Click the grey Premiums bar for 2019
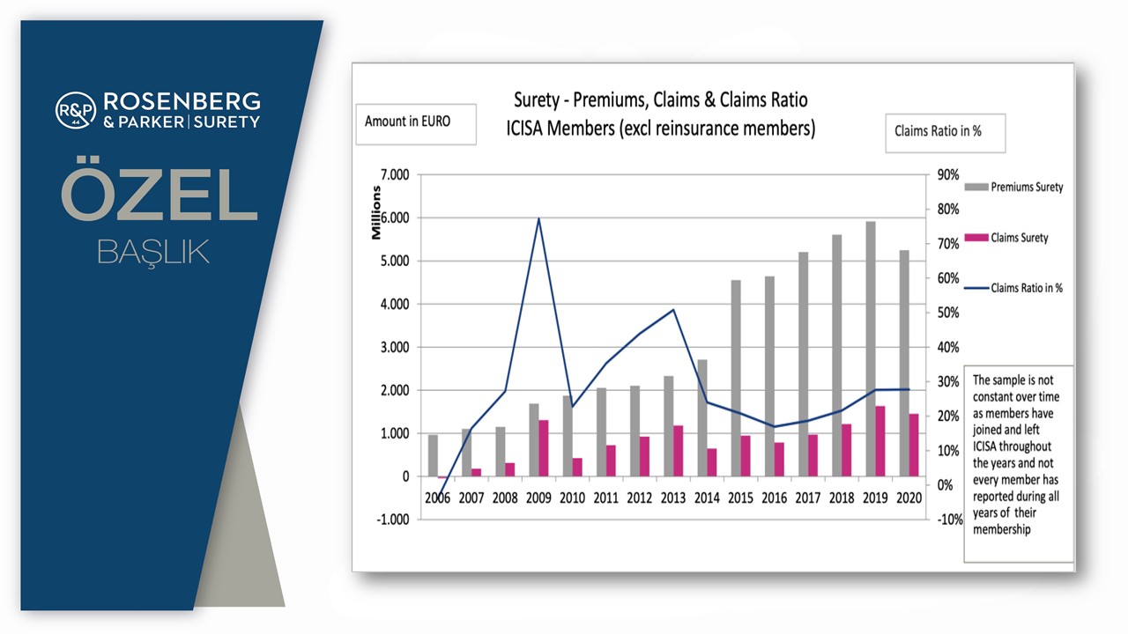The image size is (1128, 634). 871,349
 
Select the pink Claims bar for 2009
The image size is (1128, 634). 544,448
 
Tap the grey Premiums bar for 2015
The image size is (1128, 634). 736,378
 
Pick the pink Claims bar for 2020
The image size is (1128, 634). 914,445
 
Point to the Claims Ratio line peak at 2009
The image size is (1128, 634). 538,218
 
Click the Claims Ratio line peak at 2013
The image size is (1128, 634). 674,309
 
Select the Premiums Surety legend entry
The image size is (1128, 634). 1013,188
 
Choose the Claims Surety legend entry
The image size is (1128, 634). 1006,238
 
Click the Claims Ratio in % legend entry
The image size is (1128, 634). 1013,288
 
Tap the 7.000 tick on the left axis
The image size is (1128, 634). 395,174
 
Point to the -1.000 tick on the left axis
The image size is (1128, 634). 393,520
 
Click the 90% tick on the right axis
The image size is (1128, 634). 947,174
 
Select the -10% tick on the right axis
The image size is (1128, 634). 950,520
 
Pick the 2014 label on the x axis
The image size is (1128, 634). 707,498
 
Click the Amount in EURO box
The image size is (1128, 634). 416,124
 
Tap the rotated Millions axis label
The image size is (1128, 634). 375,213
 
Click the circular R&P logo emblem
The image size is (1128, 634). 76,110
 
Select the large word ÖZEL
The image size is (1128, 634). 160,189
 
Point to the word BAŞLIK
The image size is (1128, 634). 153,252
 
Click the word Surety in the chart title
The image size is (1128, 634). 537,100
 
